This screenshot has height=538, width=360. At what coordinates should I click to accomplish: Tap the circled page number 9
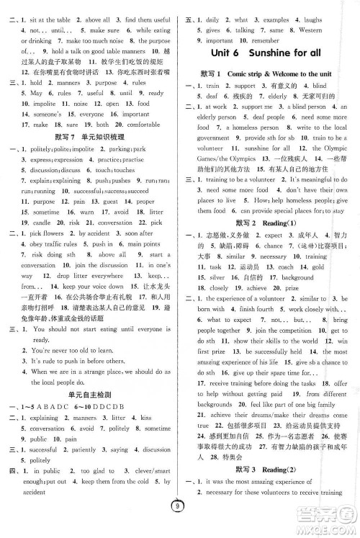[179, 526]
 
